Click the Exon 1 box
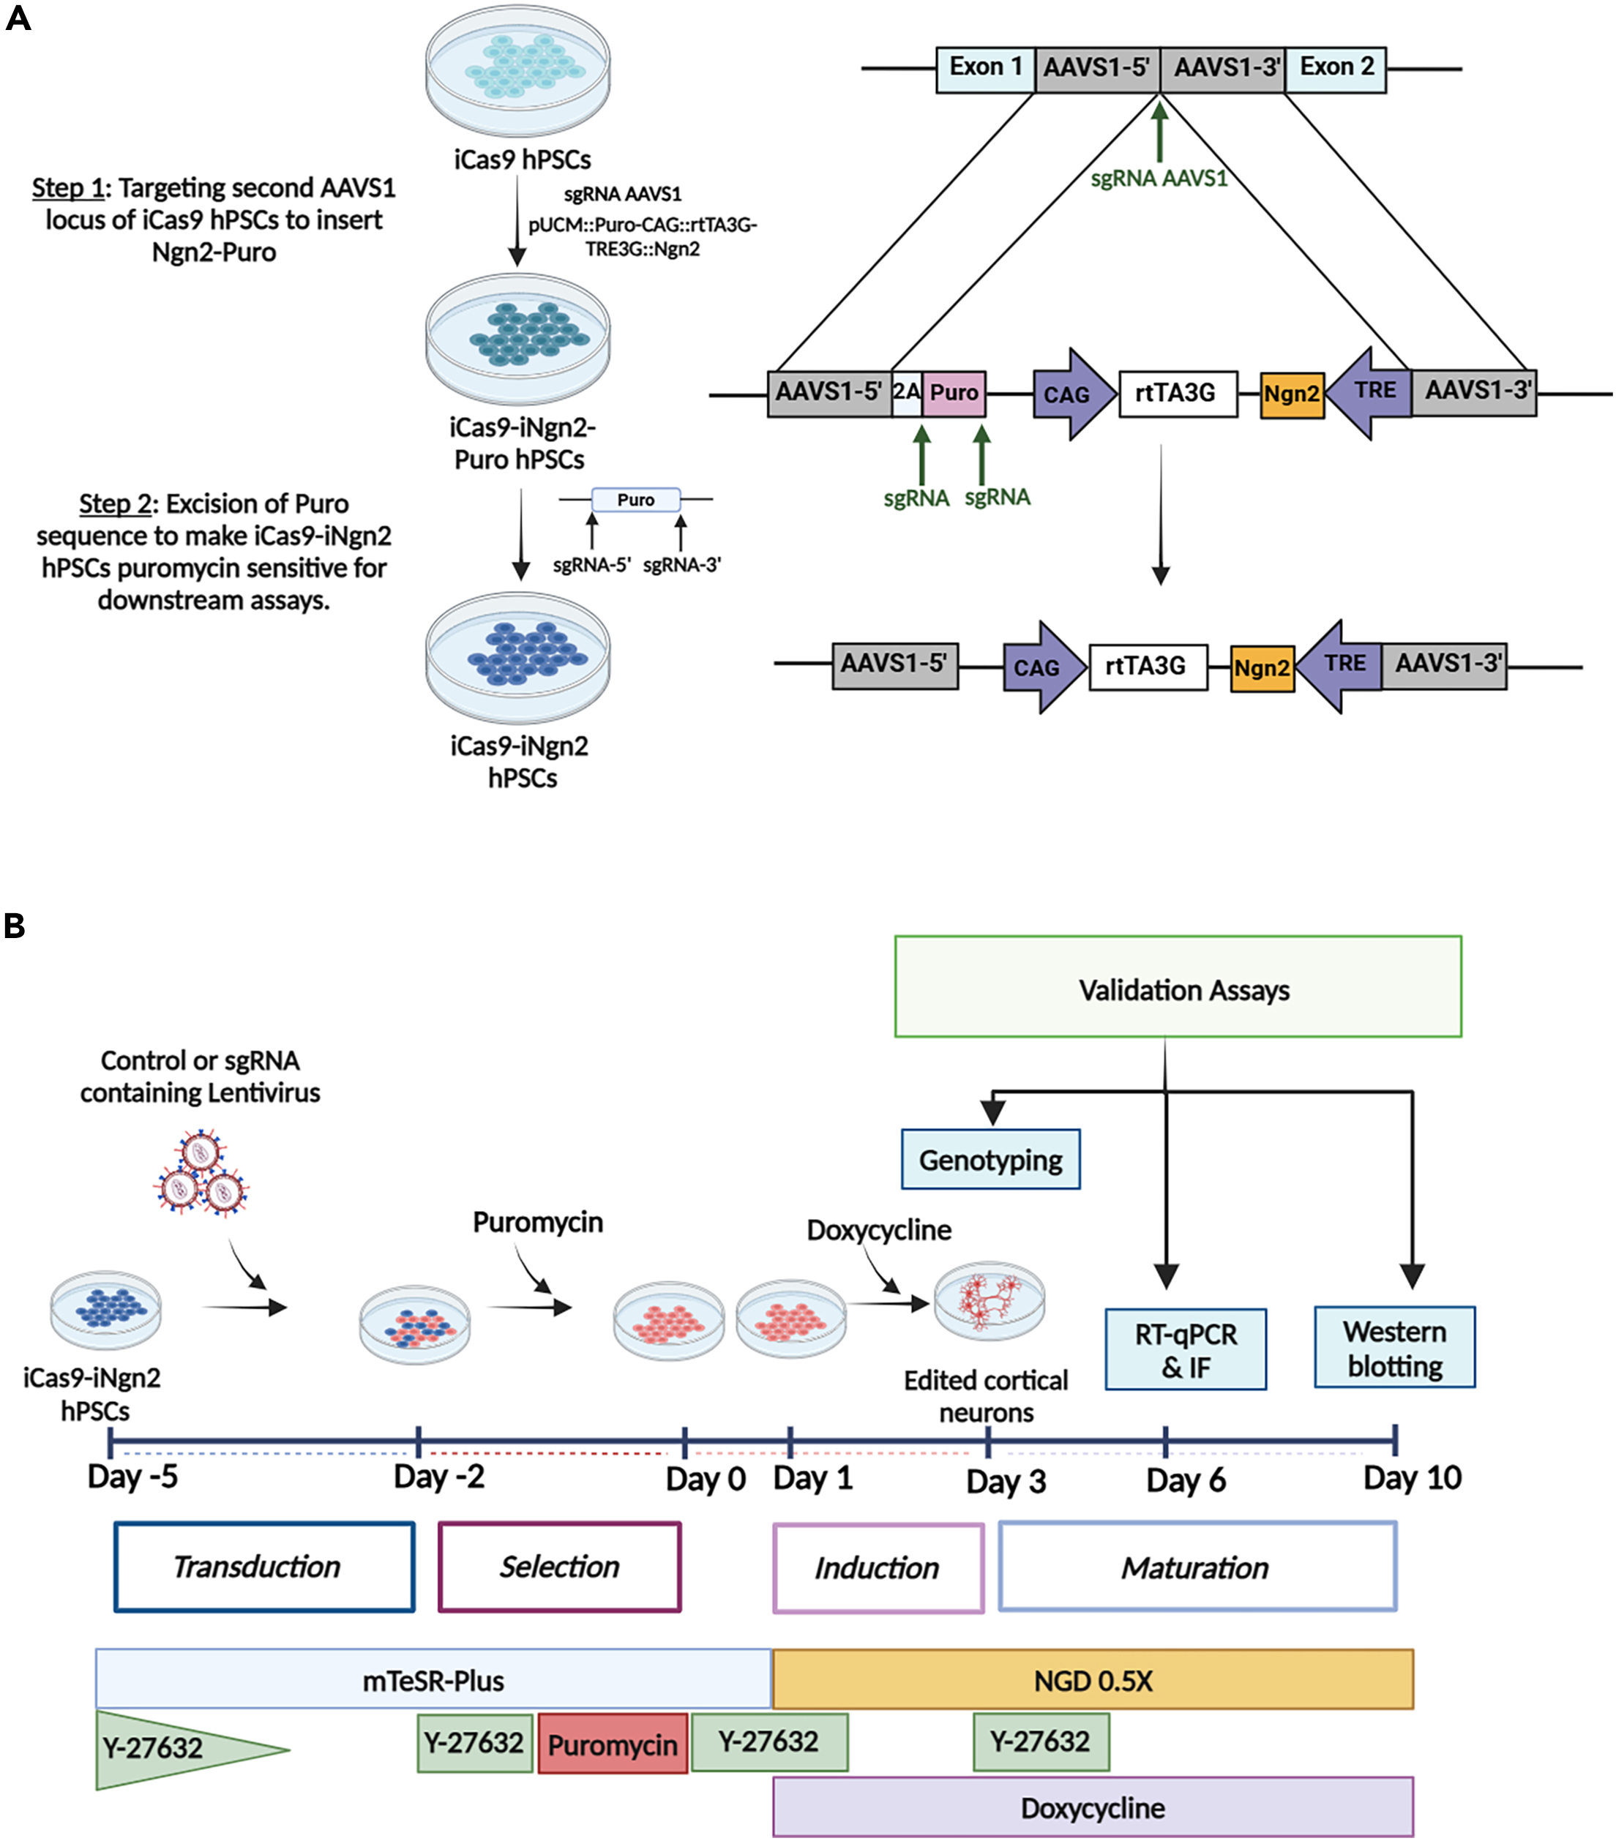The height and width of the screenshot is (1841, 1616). point(984,70)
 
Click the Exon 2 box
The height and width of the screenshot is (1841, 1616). point(1335,70)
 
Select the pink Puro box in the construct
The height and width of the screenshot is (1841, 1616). point(953,394)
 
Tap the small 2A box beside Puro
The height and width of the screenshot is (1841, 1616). point(906,394)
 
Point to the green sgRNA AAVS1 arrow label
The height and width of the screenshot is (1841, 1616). point(1159,179)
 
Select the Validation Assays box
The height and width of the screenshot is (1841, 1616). point(1178,987)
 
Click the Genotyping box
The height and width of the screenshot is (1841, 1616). point(990,1159)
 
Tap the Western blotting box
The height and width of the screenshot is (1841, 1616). point(1394,1347)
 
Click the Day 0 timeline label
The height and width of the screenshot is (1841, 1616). point(706,1480)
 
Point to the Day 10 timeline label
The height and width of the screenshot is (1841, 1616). point(1412,1478)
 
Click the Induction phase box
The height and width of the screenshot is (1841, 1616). point(878,1568)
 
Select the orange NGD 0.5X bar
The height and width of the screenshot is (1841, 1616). point(1092,1680)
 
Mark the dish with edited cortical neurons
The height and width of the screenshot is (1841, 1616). point(989,1302)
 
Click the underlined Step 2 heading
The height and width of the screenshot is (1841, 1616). point(114,503)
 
